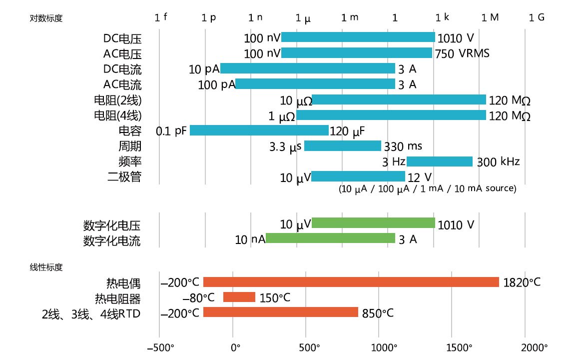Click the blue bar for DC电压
(358, 37)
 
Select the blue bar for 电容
(259, 130)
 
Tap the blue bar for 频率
(439, 161)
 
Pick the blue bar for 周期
(342, 146)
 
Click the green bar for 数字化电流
(330, 238)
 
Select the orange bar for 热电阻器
(239, 297)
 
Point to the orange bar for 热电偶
(351, 282)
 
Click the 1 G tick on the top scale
(537, 17)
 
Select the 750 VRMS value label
(462, 53)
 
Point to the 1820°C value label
(522, 282)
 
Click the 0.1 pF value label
(171, 131)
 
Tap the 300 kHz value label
(498, 162)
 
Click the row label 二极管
(124, 177)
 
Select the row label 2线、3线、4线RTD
(91, 314)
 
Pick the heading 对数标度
(46, 18)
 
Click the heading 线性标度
(46, 267)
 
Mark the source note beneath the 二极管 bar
(427, 189)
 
